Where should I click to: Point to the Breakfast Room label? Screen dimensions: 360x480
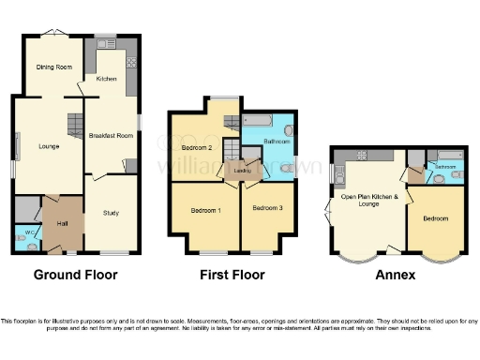(x=111, y=136)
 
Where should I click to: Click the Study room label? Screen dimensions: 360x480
(x=111, y=213)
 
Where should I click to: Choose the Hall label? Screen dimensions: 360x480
(x=63, y=223)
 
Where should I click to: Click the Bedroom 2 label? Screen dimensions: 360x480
(x=195, y=148)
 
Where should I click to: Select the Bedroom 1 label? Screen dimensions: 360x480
(x=205, y=210)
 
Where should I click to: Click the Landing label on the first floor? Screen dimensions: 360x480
(x=241, y=171)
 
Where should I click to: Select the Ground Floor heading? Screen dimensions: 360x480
(x=76, y=275)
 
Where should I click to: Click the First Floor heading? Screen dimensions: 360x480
(x=232, y=275)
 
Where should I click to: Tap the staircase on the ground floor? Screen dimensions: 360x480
(x=75, y=123)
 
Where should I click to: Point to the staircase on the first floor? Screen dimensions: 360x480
(x=230, y=120)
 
